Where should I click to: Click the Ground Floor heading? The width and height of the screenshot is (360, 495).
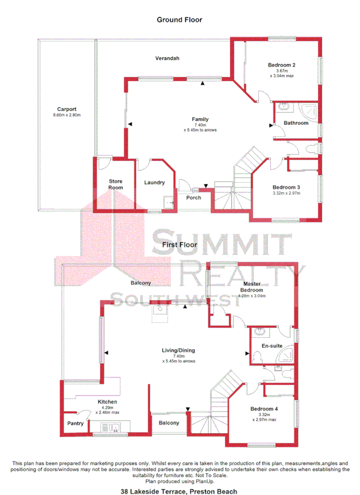pyautogui.click(x=179, y=20)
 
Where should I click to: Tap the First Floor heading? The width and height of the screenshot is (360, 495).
pyautogui.click(x=179, y=245)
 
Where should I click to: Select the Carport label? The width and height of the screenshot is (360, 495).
pyautogui.click(x=66, y=110)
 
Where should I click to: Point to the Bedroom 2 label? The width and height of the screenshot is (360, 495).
pyautogui.click(x=282, y=65)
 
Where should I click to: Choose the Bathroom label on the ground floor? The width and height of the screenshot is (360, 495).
pyautogui.click(x=296, y=123)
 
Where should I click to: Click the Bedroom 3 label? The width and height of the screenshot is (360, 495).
pyautogui.click(x=286, y=187)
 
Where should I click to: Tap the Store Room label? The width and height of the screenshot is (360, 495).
pyautogui.click(x=116, y=184)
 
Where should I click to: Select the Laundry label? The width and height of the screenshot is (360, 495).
pyautogui.click(x=154, y=182)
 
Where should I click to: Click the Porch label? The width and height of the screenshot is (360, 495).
pyautogui.click(x=194, y=198)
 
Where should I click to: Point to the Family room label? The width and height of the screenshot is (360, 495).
pyautogui.click(x=201, y=119)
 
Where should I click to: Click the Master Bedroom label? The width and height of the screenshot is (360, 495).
pyautogui.click(x=253, y=286)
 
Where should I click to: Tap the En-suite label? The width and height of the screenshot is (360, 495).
pyautogui.click(x=271, y=346)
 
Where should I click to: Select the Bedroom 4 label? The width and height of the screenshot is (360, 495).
pyautogui.click(x=265, y=409)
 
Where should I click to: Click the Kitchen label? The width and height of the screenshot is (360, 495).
pyautogui.click(x=107, y=401)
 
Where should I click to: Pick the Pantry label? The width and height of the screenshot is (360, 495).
pyautogui.click(x=76, y=423)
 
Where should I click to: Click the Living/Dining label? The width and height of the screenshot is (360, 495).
pyautogui.click(x=179, y=350)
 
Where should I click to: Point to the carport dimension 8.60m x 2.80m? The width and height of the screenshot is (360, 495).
pyautogui.click(x=66, y=116)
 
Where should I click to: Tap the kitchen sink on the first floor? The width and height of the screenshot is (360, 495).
pyautogui.click(x=105, y=427)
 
